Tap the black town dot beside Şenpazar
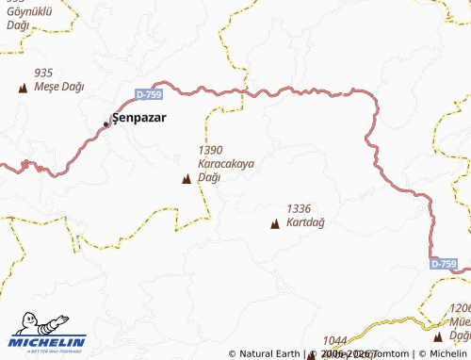pos(106,123)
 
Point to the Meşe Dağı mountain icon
pos(23,88)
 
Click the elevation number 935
pos(42,73)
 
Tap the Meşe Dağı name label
pos(58,87)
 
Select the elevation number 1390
pos(210,150)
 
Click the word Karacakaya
pos(226,163)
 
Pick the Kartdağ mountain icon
pos(275,223)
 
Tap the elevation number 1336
pos(299,208)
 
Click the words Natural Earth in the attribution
pos(269,354)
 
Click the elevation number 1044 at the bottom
pos(335,340)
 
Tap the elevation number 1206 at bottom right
pos(460,308)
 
